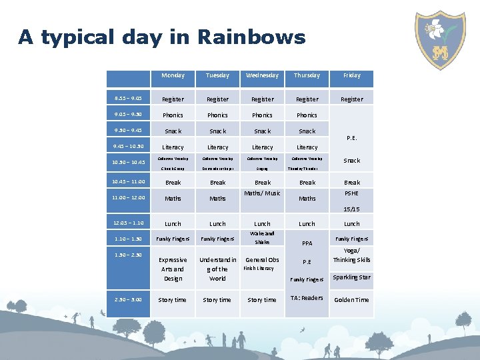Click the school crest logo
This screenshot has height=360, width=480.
(x=440, y=39)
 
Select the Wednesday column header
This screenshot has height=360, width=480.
(x=262, y=76)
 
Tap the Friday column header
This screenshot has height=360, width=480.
(x=351, y=76)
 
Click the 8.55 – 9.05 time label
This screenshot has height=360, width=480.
(x=127, y=99)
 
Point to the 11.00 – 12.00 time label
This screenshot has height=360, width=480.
(x=127, y=197)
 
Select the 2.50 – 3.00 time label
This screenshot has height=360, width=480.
(x=127, y=299)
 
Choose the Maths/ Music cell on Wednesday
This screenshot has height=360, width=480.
(x=262, y=193)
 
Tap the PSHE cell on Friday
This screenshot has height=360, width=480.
(x=351, y=193)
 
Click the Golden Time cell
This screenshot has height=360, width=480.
(x=351, y=300)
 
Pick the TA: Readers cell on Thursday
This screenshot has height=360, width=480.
(x=307, y=298)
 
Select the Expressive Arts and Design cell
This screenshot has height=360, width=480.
(x=173, y=269)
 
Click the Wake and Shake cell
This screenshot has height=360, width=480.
(x=262, y=238)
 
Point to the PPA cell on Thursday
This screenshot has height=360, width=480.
(x=307, y=243)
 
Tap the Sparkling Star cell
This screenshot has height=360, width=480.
(x=351, y=277)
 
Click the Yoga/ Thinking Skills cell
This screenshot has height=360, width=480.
(x=351, y=255)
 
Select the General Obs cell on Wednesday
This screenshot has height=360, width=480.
(x=262, y=260)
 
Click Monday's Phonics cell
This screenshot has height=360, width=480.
(x=173, y=115)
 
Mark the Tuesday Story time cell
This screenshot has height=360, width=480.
(x=217, y=300)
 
